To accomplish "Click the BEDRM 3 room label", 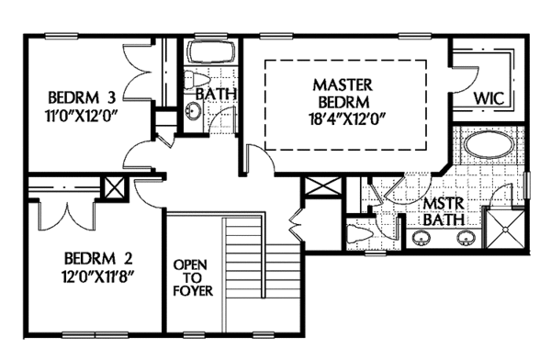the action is point(82,97).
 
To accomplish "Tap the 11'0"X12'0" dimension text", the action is point(81,115).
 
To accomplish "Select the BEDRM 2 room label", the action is point(98,259).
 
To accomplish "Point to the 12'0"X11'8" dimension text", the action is point(98,276).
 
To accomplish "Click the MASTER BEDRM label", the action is point(343,93).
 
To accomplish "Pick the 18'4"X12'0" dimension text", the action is point(345,119).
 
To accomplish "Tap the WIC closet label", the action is point(489,98).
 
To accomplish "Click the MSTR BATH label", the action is point(444,212).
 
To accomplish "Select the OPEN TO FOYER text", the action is point(193,277).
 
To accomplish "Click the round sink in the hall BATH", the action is point(193,111).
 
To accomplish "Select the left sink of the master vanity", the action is point(421,238).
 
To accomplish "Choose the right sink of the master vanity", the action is point(467,238).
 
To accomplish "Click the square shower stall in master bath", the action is point(505,229).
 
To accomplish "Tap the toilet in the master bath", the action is point(358,234).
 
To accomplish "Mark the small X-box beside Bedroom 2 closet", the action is point(115,187).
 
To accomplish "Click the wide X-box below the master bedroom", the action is point(323,186).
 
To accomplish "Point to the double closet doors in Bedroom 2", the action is point(67,215).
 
